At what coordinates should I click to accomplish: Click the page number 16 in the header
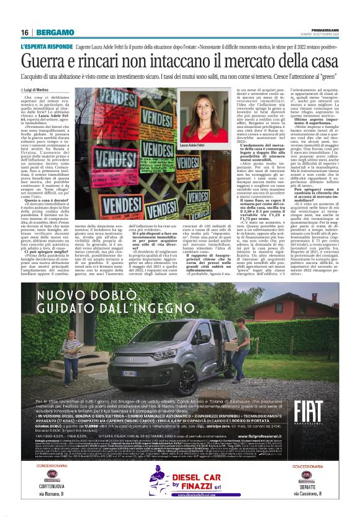click(x=24, y=32)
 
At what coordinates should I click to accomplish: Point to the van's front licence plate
click(x=131, y=373)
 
